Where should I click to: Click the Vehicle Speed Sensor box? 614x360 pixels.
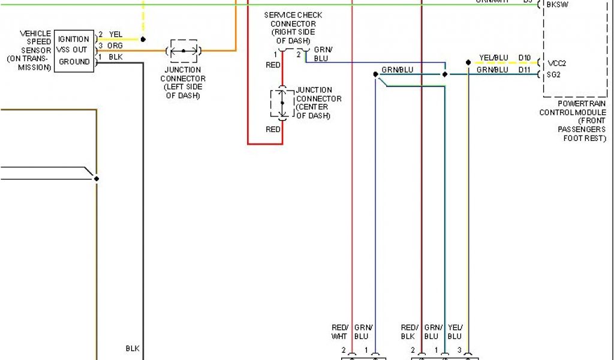tap(74, 51)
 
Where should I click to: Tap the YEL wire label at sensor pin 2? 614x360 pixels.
tap(116, 35)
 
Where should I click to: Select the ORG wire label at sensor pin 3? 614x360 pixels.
tap(115, 46)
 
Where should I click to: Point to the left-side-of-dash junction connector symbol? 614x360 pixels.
tap(183, 51)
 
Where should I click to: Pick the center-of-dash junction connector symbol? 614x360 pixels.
tap(282, 103)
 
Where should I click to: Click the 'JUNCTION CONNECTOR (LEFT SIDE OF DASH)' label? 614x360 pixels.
tap(183, 82)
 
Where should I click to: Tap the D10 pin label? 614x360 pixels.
tap(525, 58)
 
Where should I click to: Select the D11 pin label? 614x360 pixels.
tap(525, 70)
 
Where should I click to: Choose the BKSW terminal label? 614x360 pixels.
tap(557, 4)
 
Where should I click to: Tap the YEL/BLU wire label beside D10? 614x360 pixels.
tap(493, 58)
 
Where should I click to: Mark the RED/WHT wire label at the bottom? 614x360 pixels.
tap(340, 332)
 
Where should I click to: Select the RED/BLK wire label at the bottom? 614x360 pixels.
tap(409, 332)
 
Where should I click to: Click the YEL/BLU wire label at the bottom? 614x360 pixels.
tap(455, 332)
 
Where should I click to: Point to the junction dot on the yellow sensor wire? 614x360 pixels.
tap(143, 40)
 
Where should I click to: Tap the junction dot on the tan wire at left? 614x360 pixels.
tap(96, 178)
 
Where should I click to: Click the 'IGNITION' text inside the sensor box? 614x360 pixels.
tap(74, 40)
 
